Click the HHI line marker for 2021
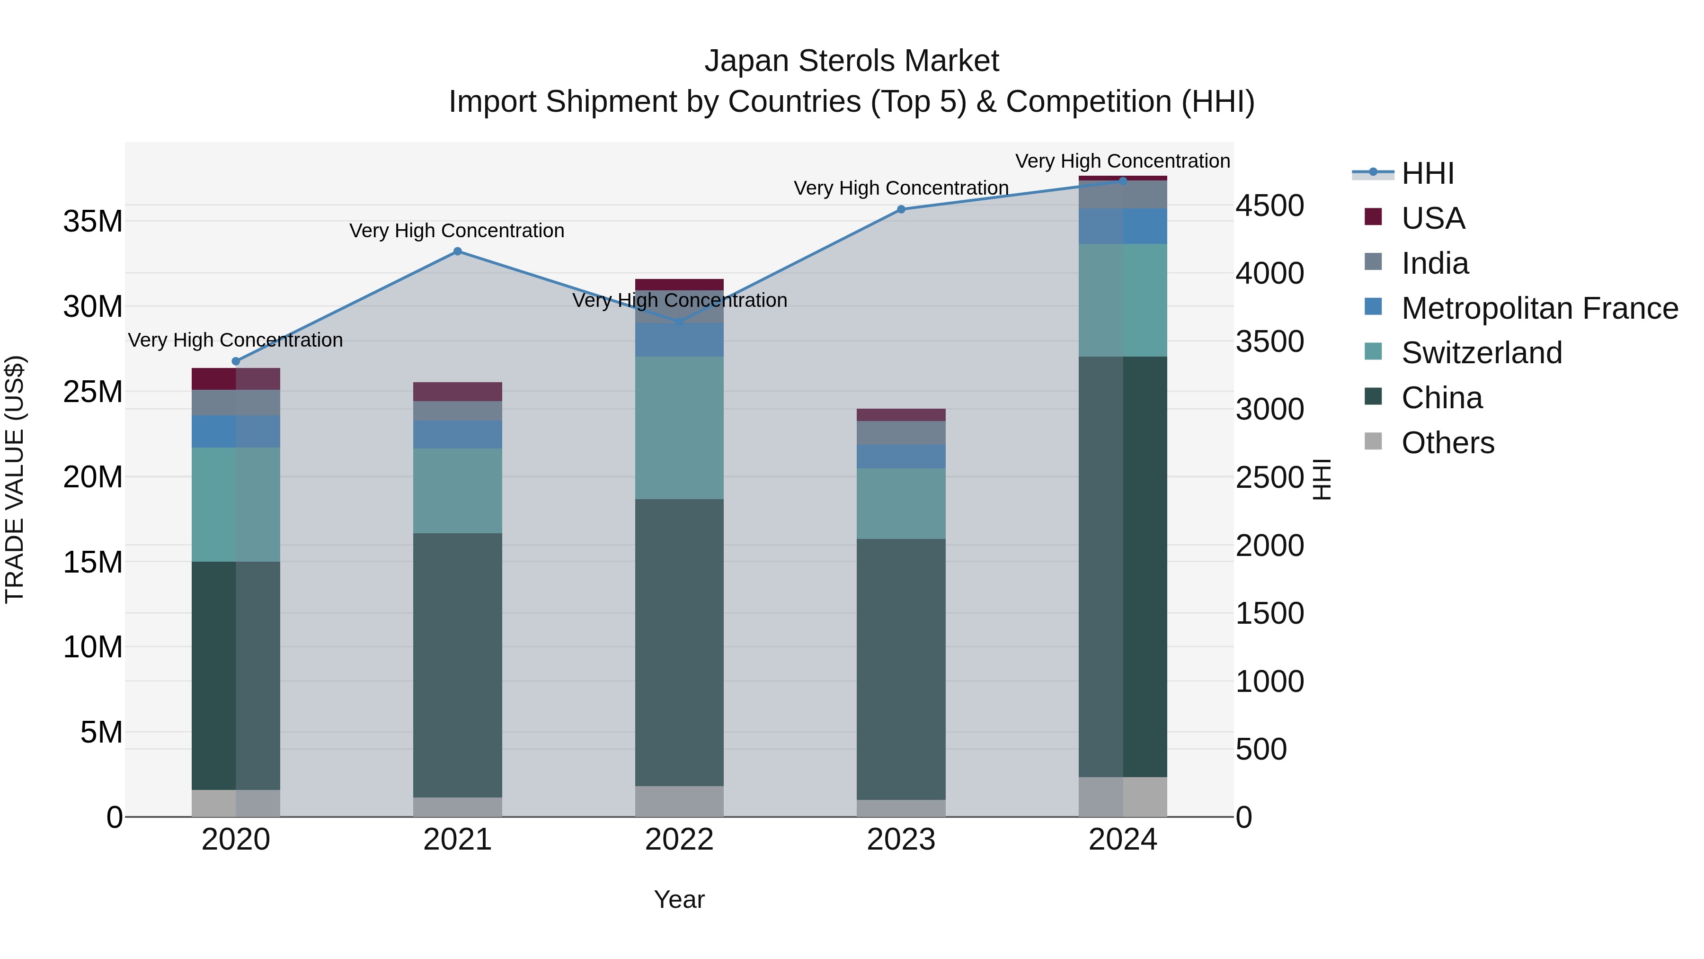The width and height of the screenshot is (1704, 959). (457, 251)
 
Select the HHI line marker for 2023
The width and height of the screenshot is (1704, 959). (901, 209)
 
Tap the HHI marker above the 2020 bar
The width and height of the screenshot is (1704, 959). (236, 361)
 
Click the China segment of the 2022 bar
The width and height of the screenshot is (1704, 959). (679, 642)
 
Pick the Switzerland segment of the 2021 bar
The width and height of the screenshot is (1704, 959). (457, 491)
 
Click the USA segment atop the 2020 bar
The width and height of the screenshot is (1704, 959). (236, 378)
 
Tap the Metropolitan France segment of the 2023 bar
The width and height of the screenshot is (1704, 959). (901, 457)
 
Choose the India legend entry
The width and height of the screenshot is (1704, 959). (1435, 263)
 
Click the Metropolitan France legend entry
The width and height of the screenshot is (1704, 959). (1539, 308)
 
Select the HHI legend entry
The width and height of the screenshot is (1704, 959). (1428, 173)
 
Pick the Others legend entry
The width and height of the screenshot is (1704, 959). (1447, 443)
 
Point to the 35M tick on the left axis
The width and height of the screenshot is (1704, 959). (93, 221)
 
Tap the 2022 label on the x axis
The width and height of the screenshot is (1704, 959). (679, 840)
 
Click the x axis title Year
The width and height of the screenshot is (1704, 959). (679, 899)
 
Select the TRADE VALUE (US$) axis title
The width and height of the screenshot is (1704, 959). (15, 479)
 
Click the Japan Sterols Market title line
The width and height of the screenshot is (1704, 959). (852, 61)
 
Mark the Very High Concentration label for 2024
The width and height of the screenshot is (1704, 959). (1123, 161)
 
